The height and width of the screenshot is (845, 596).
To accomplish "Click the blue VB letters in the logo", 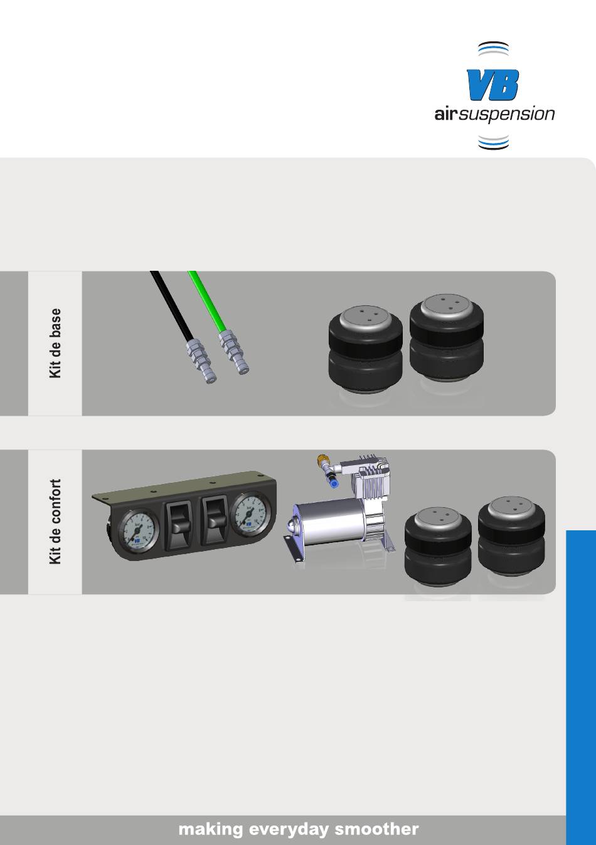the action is tap(492, 85).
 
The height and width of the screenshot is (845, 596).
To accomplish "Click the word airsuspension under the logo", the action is tap(494, 114).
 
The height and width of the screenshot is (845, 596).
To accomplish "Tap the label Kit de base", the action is tap(55, 344).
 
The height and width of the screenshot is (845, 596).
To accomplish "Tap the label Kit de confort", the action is tap(55, 522).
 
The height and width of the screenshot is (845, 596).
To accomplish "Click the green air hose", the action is tap(207, 301).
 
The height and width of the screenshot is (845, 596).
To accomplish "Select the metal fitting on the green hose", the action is tap(234, 352).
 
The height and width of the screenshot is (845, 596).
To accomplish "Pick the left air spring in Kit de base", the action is tap(365, 351).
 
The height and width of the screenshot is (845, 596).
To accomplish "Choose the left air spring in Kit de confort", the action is tap(438, 548).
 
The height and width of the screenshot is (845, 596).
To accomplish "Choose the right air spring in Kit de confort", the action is tap(511, 538).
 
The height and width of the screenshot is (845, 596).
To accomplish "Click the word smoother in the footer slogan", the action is tap(376, 829).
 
